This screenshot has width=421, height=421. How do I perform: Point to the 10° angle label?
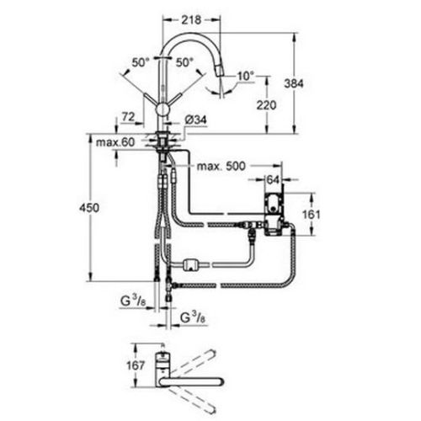click(x=244, y=76)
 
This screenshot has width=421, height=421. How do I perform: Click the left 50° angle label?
click(x=140, y=61)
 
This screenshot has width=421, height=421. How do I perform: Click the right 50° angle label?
click(x=184, y=61)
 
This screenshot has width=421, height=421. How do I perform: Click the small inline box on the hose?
click(x=190, y=265)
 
